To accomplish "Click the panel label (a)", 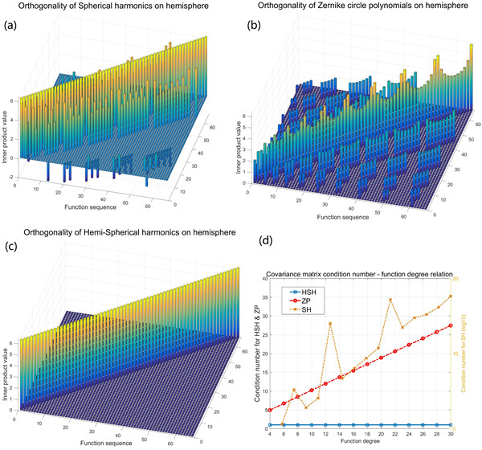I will tap(13, 25).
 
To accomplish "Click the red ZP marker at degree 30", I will tap(451, 325).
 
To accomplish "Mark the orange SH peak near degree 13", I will tap(330, 324).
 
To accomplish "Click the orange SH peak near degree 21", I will tap(390, 300).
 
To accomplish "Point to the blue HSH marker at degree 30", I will tap(451, 424).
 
